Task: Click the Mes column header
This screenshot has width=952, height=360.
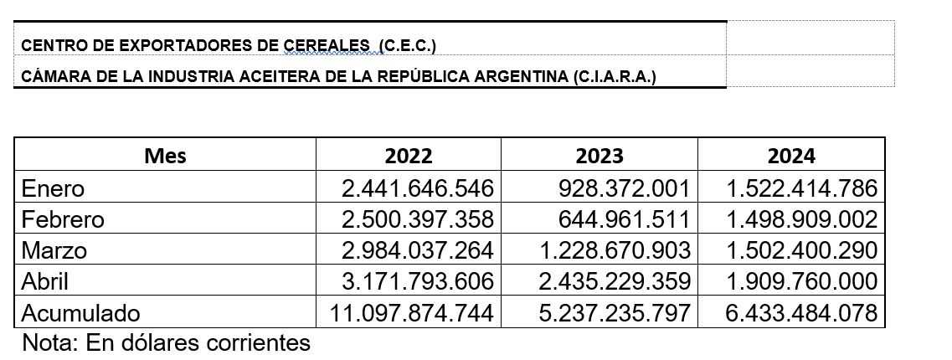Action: (165, 156)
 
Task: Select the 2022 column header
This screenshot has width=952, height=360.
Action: (409, 156)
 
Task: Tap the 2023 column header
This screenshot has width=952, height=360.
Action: (600, 156)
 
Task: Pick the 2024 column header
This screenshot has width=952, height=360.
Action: (791, 156)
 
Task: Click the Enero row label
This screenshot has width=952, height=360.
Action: (54, 188)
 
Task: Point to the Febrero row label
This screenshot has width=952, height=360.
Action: (64, 219)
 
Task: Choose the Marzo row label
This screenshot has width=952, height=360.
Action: (54, 250)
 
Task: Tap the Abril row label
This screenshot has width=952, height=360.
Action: (45, 281)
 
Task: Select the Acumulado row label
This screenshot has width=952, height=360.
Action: (80, 313)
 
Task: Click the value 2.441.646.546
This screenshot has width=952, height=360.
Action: (418, 188)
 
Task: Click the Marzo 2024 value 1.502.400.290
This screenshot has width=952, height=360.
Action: (801, 250)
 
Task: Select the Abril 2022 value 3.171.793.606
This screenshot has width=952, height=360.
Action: (418, 281)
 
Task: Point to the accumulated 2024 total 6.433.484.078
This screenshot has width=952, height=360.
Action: (801, 313)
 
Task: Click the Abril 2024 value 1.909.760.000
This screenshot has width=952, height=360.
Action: (801, 281)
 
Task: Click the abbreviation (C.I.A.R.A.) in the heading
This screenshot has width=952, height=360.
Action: (615, 77)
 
